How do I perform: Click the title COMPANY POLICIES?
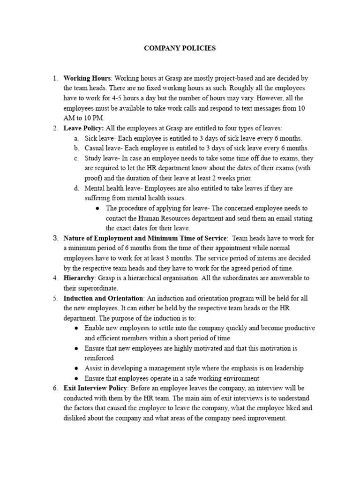click(x=180, y=48)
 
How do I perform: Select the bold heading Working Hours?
click(x=87, y=78)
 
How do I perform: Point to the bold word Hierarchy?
click(x=79, y=278)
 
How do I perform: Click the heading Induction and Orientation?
click(x=103, y=298)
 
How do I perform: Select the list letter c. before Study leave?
click(x=76, y=158)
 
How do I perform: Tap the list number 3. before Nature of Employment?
click(x=55, y=238)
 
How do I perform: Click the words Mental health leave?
click(x=113, y=188)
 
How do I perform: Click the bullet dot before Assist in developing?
click(x=76, y=368)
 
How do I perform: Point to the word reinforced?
click(x=99, y=358)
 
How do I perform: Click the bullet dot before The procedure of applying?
click(x=97, y=208)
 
